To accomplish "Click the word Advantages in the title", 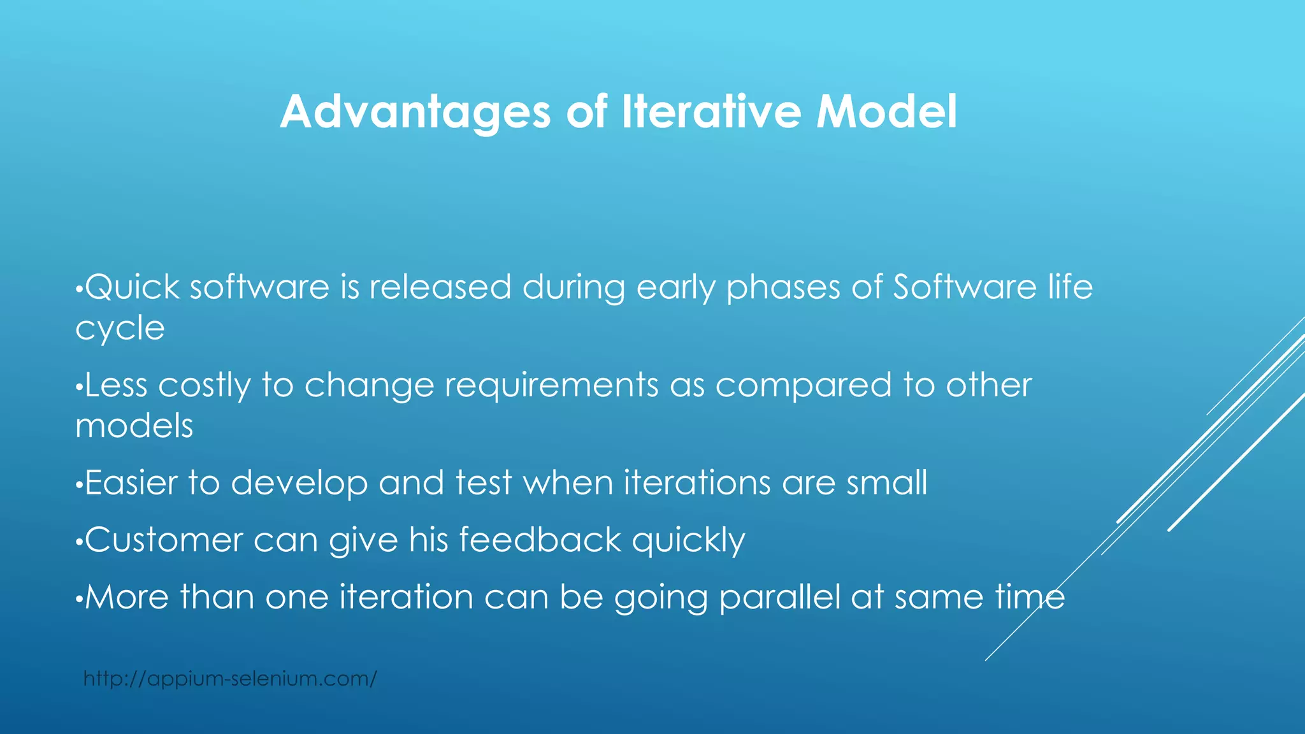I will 415,112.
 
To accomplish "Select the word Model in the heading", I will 886,112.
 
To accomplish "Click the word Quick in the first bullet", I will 132,287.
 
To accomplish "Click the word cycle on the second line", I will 120,329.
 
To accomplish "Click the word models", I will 134,426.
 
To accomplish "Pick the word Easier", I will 131,483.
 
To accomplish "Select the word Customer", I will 164,540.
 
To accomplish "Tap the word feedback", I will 540,540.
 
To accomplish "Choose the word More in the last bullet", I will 127,598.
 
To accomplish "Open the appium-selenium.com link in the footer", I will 230,679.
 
